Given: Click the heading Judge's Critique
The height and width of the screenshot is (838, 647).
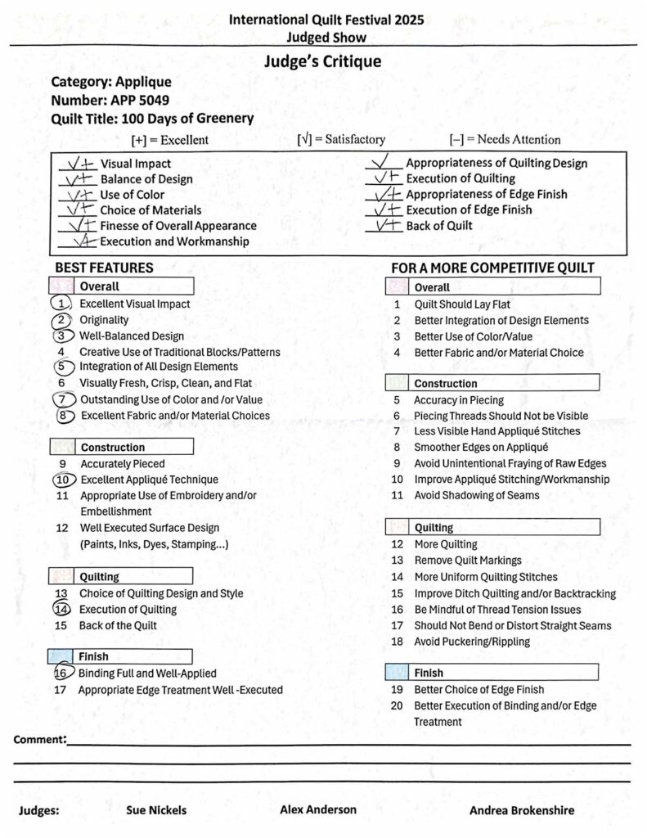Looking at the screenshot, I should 322,61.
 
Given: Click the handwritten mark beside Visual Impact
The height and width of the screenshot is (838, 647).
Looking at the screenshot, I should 82,164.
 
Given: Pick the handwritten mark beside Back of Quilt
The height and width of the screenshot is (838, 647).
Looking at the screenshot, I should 385,225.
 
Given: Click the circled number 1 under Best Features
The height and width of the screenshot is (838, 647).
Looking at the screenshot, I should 61,304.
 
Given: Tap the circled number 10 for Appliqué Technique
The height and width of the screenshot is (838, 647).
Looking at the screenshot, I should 63,480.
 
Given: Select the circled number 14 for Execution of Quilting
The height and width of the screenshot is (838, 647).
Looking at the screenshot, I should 62,609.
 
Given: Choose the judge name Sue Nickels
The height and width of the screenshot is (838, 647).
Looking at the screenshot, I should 156,810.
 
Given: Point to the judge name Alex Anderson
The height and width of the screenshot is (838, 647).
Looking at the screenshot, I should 318,809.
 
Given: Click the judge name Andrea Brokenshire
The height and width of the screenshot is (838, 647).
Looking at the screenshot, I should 522,810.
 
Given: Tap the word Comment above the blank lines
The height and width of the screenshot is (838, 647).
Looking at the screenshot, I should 39,740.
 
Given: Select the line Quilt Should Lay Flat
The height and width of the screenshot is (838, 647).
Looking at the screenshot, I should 462,304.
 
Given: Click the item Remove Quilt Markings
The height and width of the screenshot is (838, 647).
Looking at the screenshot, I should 468,561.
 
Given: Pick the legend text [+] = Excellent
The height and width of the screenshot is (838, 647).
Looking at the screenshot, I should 170,140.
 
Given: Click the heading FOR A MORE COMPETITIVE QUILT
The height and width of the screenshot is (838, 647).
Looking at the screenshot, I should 492,268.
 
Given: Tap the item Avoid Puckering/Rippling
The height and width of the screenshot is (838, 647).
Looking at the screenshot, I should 472,642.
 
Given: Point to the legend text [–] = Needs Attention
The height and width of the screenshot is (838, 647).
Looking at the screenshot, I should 505,140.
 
